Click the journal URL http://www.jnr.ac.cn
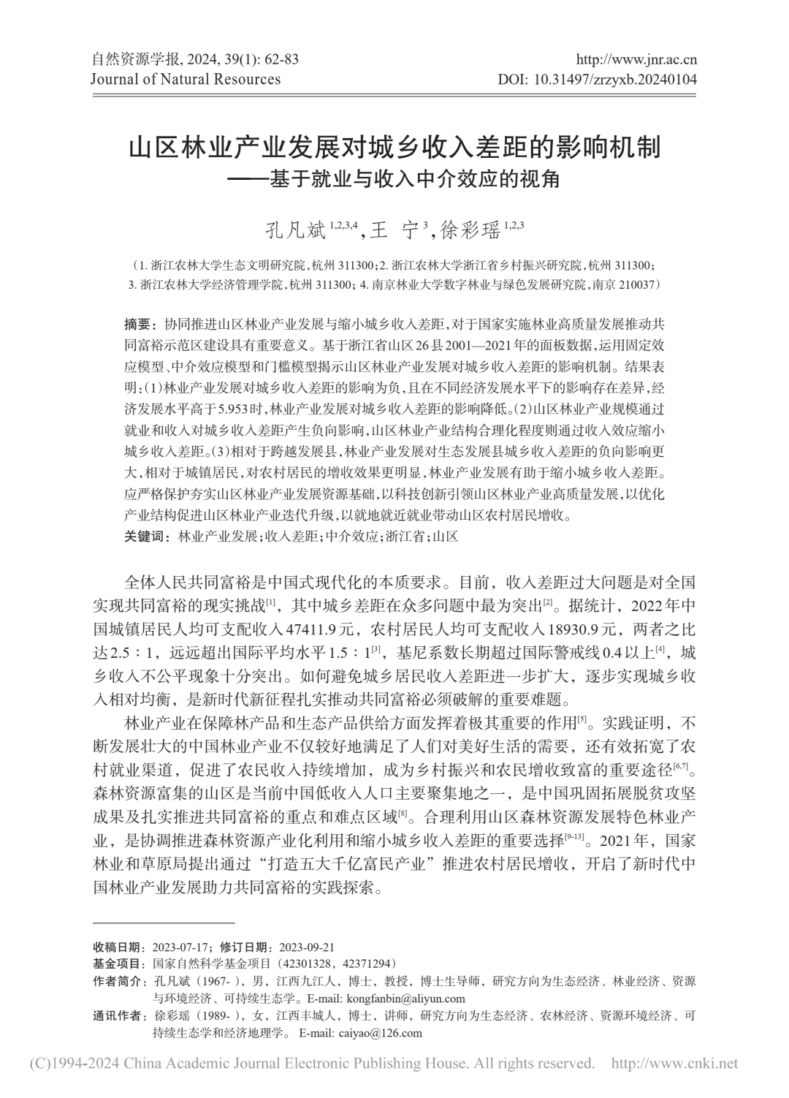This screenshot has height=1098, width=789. tap(637, 60)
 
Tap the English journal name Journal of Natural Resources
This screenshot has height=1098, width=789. tap(186, 79)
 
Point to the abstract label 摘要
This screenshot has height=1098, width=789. tap(136, 324)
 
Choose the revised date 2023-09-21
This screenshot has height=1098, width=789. tap(302, 946)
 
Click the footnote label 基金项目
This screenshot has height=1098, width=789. tap(118, 963)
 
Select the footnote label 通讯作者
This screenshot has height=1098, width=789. tap(118, 1016)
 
